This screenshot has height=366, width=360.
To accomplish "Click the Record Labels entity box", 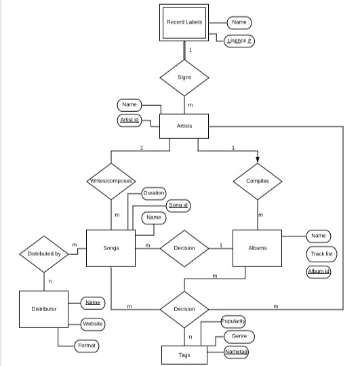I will click(x=184, y=22).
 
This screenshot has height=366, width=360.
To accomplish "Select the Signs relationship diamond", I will click(x=184, y=77).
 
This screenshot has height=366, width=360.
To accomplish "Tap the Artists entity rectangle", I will click(x=184, y=126).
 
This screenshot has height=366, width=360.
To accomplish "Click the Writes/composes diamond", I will click(x=111, y=181).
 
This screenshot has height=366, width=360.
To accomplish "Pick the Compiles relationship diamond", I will click(x=258, y=181).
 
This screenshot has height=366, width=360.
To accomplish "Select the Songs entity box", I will click(x=111, y=248).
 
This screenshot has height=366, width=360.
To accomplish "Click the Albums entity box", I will click(x=258, y=248).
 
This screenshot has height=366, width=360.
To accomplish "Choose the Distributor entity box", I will click(x=44, y=308).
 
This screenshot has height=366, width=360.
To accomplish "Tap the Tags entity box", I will click(x=184, y=354).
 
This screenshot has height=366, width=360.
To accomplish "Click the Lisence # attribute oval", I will click(x=239, y=41).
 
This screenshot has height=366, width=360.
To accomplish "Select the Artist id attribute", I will click(x=129, y=120).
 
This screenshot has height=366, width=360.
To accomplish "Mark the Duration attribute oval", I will click(x=153, y=193).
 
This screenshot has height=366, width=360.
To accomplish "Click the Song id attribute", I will click(x=178, y=205).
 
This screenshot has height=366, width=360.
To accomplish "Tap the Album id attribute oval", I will click(x=319, y=272).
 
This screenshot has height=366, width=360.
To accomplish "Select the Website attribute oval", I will click(x=93, y=324).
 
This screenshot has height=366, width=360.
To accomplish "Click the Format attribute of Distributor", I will click(x=87, y=346).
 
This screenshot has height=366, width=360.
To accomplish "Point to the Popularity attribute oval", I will click(x=233, y=321).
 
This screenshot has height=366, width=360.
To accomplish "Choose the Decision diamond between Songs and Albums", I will click(x=184, y=248).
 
